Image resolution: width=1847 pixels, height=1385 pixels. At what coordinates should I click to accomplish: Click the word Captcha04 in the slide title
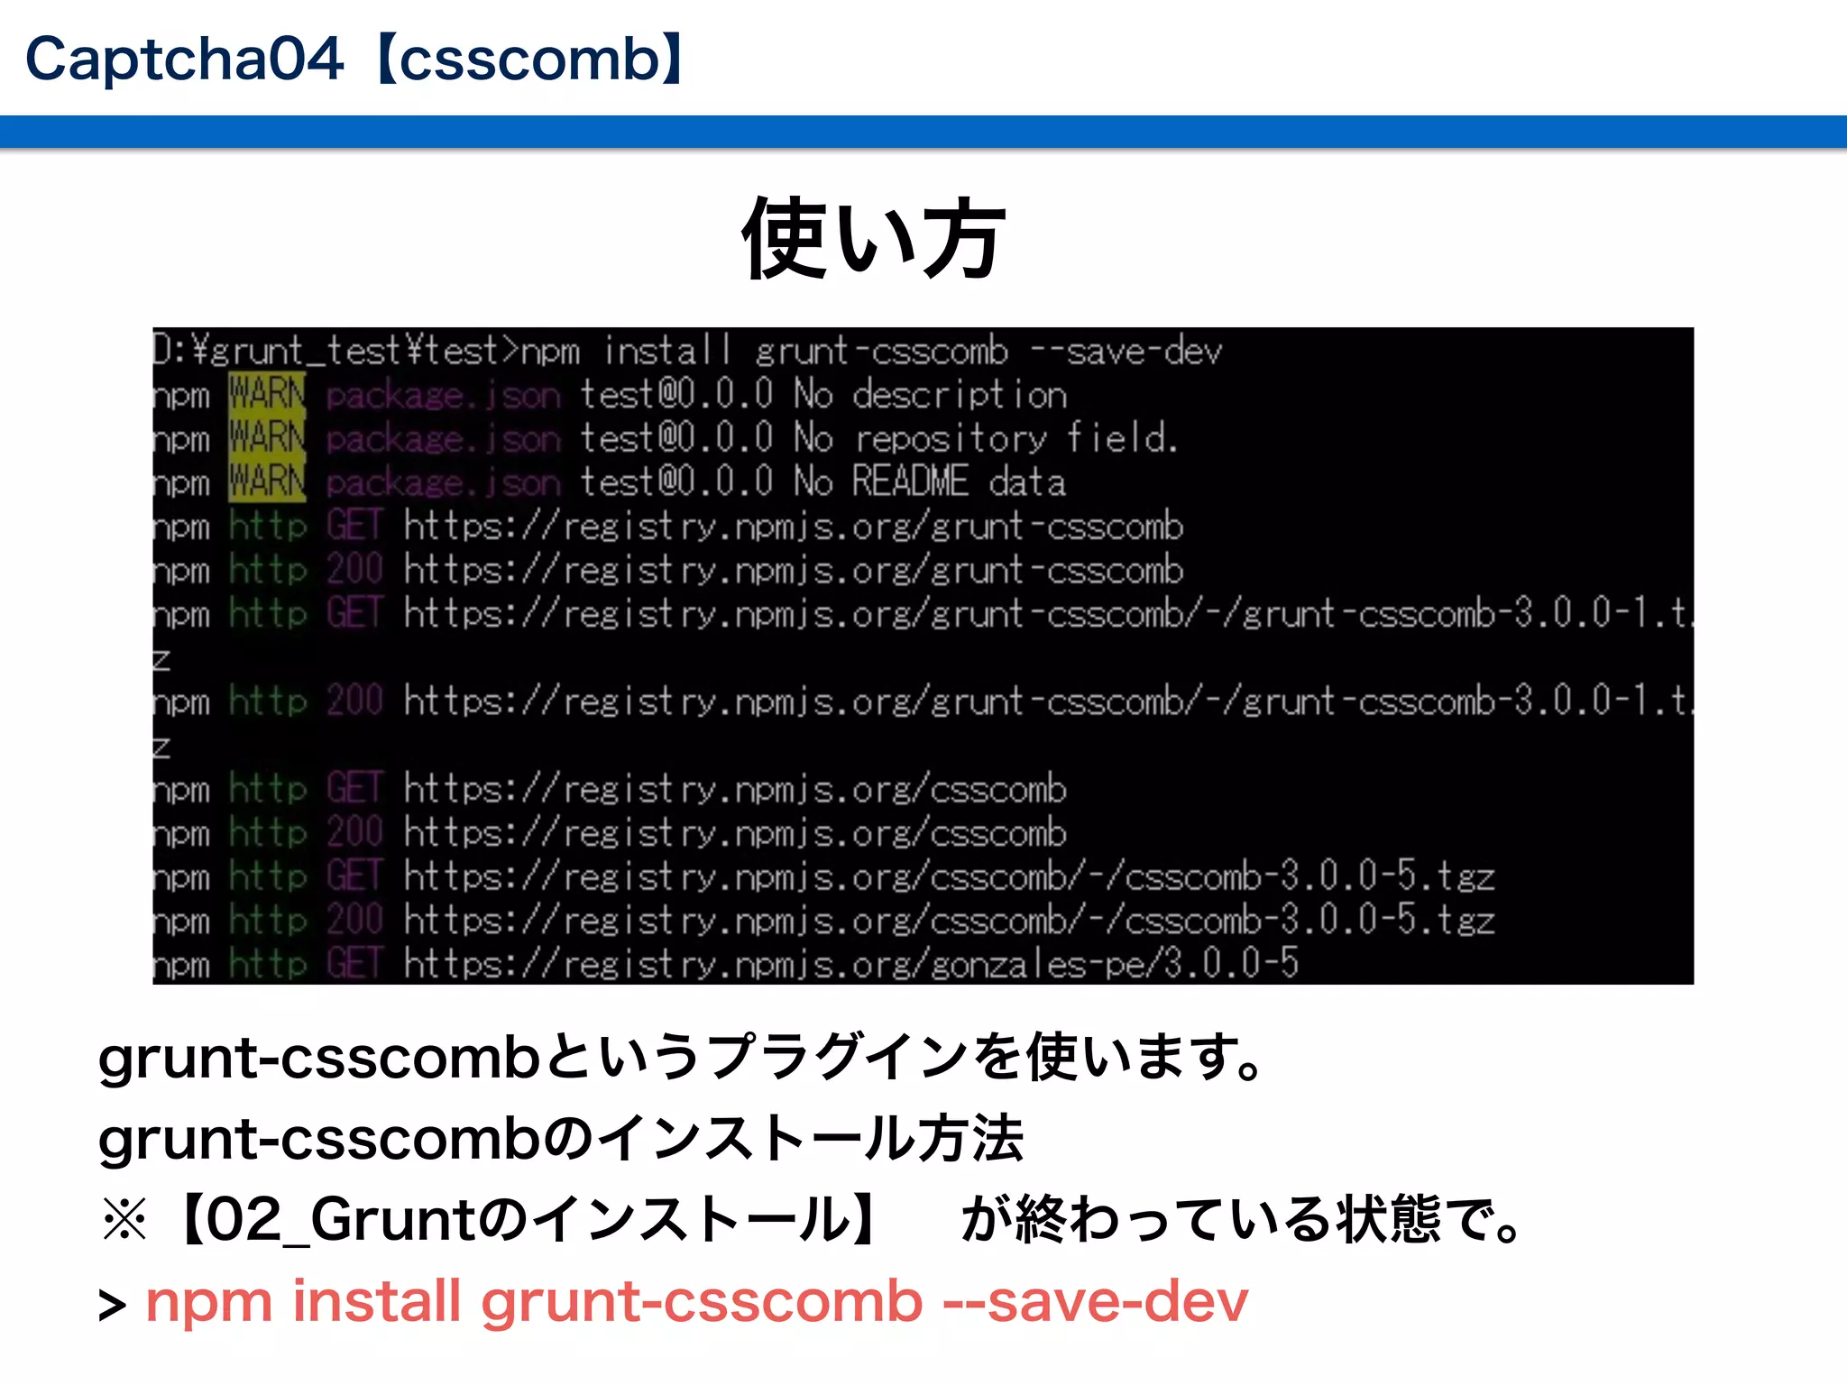click(184, 60)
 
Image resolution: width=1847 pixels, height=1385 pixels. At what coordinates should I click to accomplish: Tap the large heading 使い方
click(872, 240)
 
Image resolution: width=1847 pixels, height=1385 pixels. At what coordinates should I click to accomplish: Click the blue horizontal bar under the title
click(923, 132)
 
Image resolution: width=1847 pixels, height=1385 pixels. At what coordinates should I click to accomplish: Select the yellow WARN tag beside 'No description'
click(267, 395)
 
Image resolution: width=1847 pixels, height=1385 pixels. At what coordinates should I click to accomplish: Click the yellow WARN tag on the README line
click(267, 482)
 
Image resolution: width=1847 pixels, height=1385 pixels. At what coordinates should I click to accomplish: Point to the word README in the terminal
click(910, 482)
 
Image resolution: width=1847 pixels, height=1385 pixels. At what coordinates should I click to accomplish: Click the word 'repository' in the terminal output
click(951, 439)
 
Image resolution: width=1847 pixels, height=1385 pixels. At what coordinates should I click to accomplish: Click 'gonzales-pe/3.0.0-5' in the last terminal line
click(1115, 964)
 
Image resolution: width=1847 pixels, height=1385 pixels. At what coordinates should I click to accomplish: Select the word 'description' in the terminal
click(960, 395)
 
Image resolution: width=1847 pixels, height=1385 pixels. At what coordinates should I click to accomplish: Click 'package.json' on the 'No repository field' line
click(443, 439)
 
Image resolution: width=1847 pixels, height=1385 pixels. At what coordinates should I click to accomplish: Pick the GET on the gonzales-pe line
click(354, 964)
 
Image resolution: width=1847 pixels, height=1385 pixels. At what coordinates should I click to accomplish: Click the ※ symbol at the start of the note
click(124, 1221)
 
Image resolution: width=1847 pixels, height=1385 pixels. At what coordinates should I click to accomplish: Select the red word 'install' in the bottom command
click(376, 1302)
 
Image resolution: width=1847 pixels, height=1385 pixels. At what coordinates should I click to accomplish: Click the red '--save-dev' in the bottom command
click(1095, 1302)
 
